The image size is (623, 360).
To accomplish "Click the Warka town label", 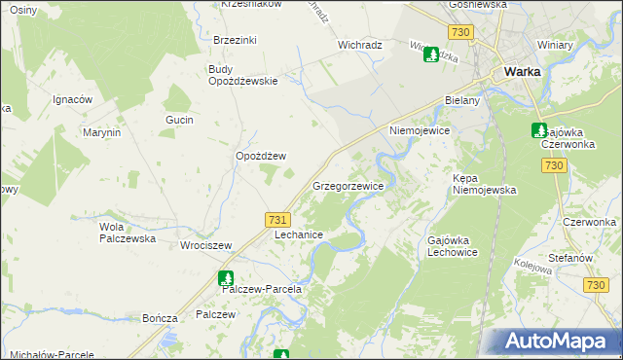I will click(522, 71).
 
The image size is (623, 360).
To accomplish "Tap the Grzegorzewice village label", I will click(347, 185).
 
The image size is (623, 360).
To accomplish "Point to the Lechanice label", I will click(299, 235).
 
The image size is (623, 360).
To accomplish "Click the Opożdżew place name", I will click(261, 156).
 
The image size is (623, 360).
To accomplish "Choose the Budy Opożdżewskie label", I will click(243, 75).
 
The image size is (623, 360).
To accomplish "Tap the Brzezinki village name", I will click(235, 40).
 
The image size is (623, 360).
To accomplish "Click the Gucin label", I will click(180, 120).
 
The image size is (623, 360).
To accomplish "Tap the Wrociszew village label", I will click(203, 245).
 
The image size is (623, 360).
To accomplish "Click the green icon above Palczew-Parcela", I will click(226, 277).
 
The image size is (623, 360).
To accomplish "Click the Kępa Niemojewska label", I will click(484, 184).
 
